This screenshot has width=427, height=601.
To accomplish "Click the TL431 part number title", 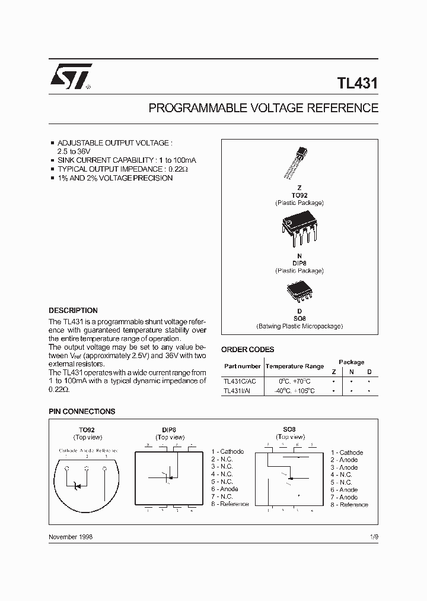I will [x=358, y=84].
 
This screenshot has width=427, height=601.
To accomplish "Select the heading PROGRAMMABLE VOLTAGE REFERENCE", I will [x=263, y=108].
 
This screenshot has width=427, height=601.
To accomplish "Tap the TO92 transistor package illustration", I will [x=298, y=163].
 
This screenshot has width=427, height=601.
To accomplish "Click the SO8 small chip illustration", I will [x=299, y=291].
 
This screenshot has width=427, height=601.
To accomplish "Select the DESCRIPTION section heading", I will [x=73, y=311].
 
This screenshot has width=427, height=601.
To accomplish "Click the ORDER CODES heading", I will [x=247, y=350].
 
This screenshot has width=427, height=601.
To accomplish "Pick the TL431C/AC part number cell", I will [x=240, y=381].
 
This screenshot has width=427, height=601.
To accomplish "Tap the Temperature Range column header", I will [x=294, y=366].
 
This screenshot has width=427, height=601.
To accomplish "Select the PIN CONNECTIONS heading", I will [x=81, y=411].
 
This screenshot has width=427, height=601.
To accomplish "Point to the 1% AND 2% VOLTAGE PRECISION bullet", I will [x=114, y=178].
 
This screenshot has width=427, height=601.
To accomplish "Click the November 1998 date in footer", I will [x=70, y=536].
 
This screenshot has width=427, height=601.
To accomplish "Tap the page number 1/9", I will [x=373, y=536].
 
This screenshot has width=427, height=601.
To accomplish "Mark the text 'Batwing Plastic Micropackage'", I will [x=299, y=326].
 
